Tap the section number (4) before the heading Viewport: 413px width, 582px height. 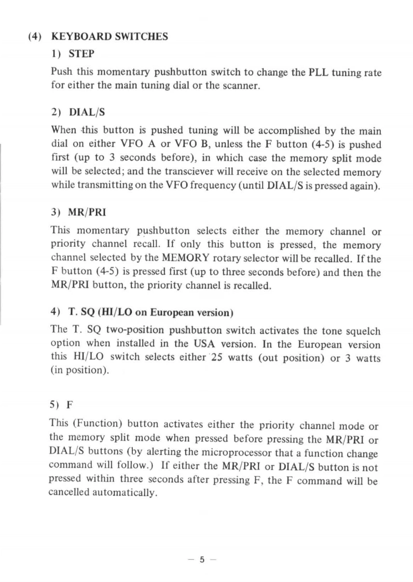pos(36,36)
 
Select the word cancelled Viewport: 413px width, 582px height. pos(72,493)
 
